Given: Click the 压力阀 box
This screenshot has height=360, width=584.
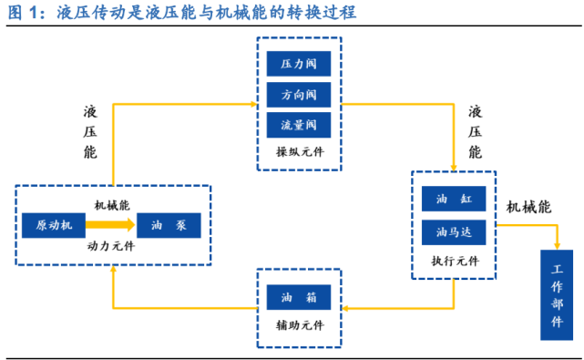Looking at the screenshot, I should pos(298,65).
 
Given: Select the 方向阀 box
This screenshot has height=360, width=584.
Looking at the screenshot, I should pos(298,95).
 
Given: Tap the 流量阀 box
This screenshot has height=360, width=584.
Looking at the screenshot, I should pos(298,125).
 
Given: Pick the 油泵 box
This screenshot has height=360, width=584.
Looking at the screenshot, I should pos(169,225).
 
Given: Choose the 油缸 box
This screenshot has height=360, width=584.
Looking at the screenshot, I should pos(453,200).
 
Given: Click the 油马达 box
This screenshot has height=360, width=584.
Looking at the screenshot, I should pos(453,232).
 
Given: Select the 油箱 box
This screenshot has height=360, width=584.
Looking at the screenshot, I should pos(298,298).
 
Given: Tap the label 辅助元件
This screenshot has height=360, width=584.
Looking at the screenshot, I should pos(298,325).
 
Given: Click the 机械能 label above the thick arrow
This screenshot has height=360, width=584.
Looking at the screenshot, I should pos(113,206).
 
